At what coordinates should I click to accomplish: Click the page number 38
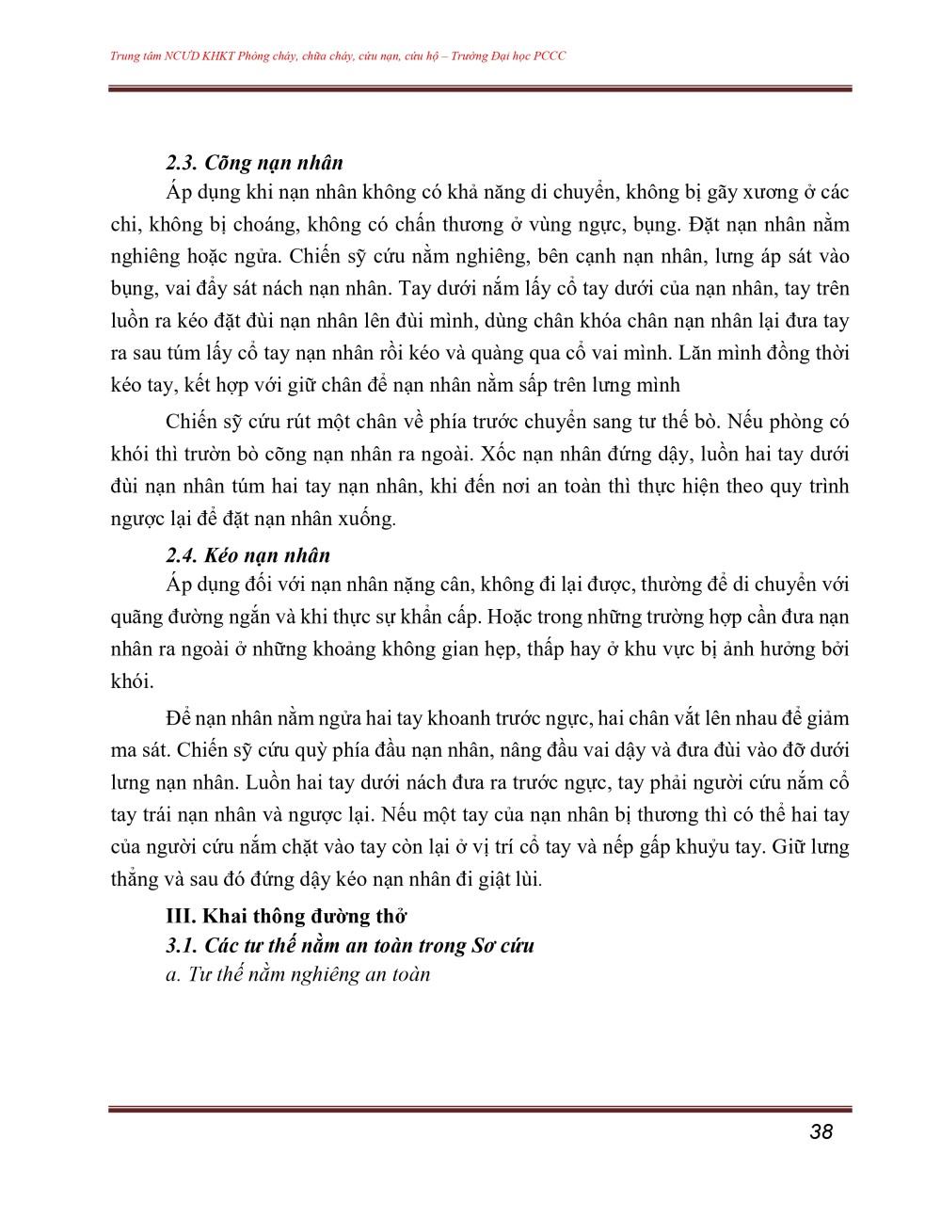pyautogui.click(x=821, y=1131)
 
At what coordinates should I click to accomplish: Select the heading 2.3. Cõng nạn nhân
pyautogui.click(x=254, y=162)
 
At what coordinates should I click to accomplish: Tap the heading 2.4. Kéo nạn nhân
pyautogui.click(x=248, y=555)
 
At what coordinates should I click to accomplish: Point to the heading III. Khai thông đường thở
pyautogui.click(x=286, y=916)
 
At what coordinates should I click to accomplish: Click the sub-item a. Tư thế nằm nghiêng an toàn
pyautogui.click(x=297, y=974)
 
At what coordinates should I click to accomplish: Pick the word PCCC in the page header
pyautogui.click(x=550, y=56)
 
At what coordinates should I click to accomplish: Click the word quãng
pyautogui.click(x=137, y=617)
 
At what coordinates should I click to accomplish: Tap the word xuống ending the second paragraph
pyautogui.click(x=365, y=519)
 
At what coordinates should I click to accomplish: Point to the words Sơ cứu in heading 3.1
pyautogui.click(x=503, y=945)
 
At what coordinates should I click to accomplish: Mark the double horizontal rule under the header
pyautogui.click(x=480, y=89)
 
